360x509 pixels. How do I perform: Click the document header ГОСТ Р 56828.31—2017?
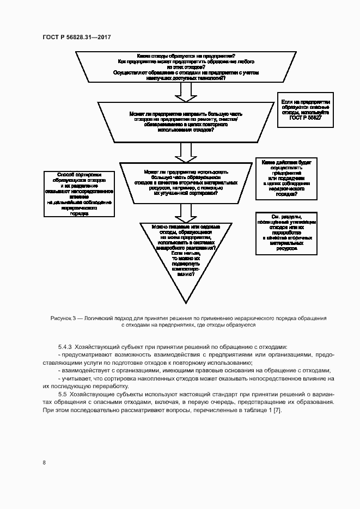(x=76, y=37)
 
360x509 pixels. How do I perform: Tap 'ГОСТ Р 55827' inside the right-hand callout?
(x=306, y=118)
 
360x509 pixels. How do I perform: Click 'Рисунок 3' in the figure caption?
(x=64, y=317)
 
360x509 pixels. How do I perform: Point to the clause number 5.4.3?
(x=65, y=347)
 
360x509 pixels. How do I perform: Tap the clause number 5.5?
(x=62, y=394)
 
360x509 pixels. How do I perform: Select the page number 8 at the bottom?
(x=44, y=463)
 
